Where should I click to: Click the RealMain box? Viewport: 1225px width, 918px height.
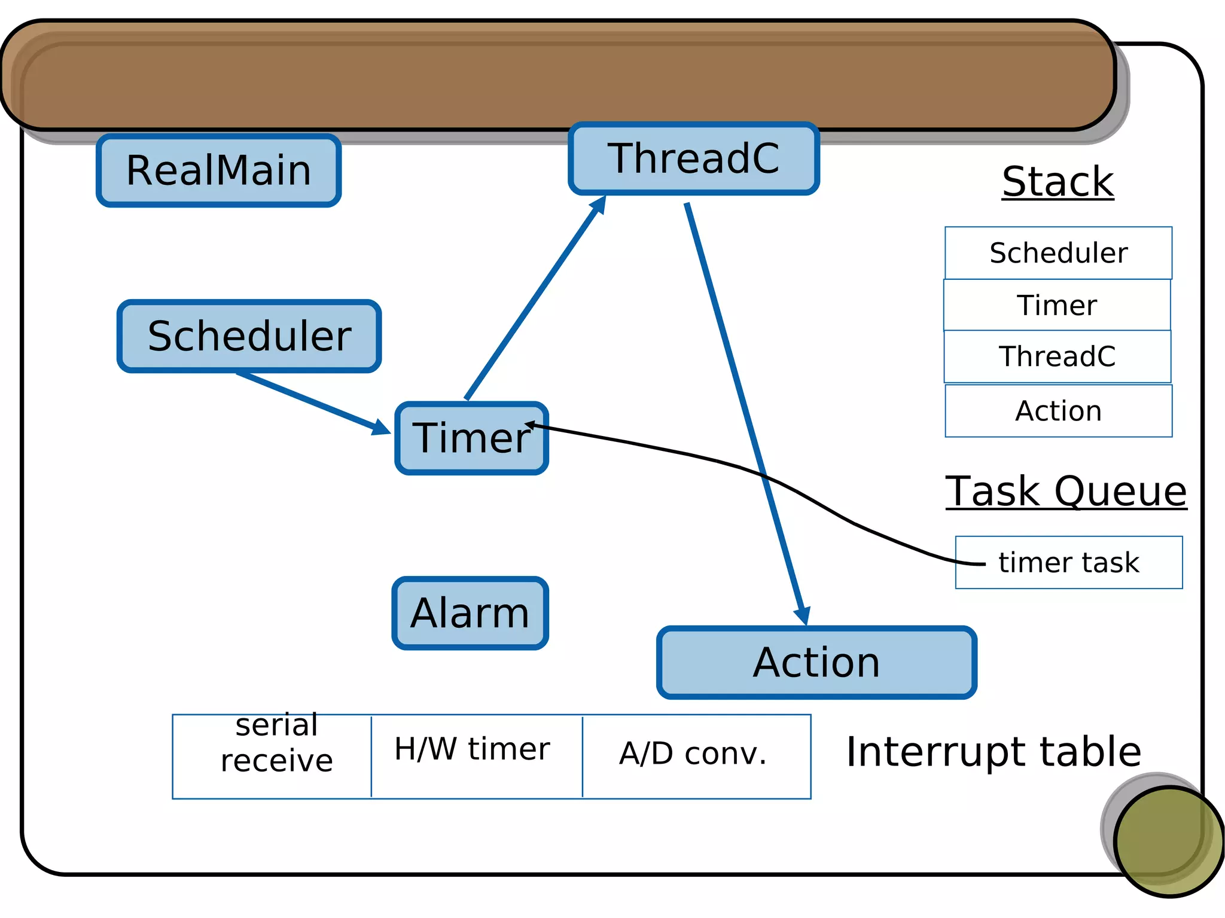(219, 171)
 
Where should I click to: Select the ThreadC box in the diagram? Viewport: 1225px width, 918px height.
(694, 158)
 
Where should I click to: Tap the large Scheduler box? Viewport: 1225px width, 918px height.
(249, 336)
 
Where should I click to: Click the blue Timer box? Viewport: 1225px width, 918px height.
(471, 438)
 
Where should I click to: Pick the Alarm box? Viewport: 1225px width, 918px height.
(470, 613)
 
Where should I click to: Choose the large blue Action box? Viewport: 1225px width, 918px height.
(816, 663)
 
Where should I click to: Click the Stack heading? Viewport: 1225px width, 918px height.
(1058, 182)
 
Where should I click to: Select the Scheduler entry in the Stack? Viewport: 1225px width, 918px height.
(1058, 253)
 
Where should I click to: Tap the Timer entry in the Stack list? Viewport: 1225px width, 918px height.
(1057, 305)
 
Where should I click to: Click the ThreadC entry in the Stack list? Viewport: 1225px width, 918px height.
(1057, 356)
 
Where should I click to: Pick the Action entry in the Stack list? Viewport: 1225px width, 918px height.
(1058, 411)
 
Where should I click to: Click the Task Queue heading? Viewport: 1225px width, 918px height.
(1066, 492)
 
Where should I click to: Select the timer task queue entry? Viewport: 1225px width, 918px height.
(1069, 563)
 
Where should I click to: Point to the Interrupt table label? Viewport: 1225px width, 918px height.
(993, 752)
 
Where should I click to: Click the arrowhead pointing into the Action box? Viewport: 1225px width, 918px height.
(803, 615)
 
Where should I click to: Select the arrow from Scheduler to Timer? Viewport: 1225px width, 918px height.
(311, 402)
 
